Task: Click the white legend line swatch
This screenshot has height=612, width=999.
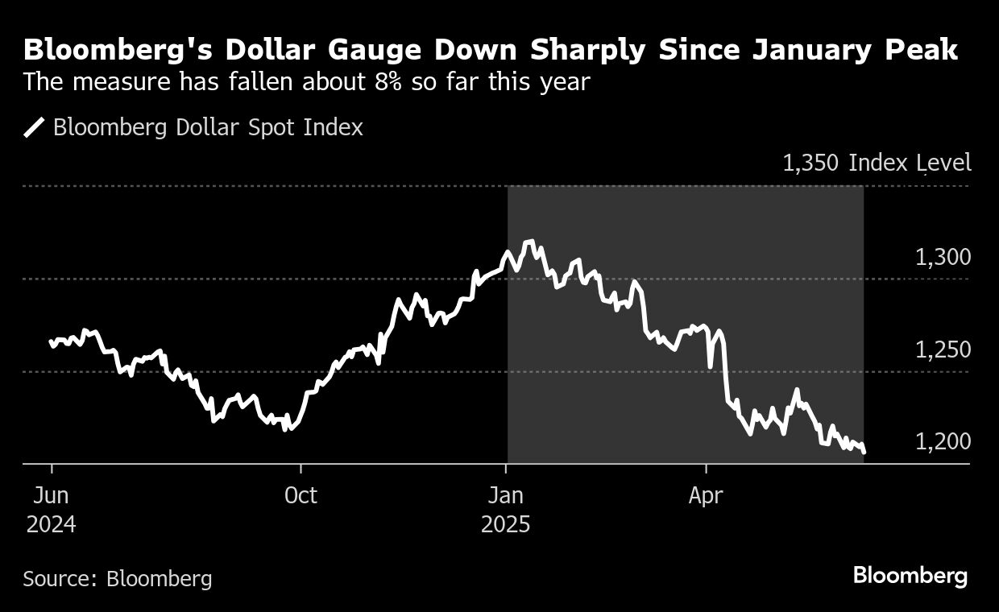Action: click(34, 128)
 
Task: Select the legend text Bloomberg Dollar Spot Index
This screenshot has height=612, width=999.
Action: click(208, 128)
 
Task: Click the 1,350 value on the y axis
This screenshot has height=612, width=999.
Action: click(811, 163)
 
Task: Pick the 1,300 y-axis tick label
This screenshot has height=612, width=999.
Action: click(943, 258)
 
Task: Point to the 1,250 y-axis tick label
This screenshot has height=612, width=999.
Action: click(943, 350)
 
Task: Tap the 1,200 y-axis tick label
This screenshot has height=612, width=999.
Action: click(943, 442)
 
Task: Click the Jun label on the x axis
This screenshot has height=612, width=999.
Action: click(52, 495)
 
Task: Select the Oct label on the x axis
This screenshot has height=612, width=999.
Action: click(301, 495)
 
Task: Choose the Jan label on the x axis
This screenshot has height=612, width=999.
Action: click(506, 495)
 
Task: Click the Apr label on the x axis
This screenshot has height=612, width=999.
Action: click(706, 495)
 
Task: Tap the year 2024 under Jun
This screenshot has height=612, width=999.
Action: click(52, 525)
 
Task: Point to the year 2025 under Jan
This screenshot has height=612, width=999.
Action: click(506, 525)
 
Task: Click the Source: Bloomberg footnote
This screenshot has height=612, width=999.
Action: click(118, 578)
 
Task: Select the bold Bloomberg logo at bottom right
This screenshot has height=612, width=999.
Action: click(910, 576)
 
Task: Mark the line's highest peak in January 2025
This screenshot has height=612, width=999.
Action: click(529, 241)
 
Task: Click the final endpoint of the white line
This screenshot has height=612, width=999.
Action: click(864, 452)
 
